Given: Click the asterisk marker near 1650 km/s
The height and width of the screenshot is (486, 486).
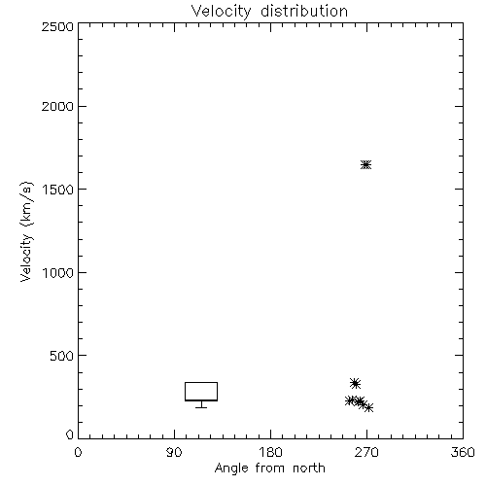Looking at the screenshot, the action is [365, 165].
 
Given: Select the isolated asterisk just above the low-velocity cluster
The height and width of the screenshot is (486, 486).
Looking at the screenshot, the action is [356, 384].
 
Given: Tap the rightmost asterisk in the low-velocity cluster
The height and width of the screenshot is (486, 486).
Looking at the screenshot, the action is [368, 407].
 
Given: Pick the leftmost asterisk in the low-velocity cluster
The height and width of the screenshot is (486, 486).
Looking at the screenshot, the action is [349, 400].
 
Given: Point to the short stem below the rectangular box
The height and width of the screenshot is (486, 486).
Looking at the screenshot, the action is [201, 404].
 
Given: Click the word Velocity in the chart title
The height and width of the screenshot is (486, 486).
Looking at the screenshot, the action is [222, 12].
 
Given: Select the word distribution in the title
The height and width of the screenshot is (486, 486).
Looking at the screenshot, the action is [304, 11].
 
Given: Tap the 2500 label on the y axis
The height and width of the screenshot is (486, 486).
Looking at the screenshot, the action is [57, 26].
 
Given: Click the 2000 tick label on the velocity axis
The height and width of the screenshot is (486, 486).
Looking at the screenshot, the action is [57, 106].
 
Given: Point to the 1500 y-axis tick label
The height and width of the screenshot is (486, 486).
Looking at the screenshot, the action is [58, 190].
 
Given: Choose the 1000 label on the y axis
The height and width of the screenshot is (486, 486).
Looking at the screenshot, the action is [58, 272].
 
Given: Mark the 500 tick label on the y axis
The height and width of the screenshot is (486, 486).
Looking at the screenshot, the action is [62, 356].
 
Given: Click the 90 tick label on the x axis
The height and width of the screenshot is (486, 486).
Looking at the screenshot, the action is [174, 452].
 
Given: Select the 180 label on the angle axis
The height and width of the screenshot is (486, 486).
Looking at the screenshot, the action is [270, 452].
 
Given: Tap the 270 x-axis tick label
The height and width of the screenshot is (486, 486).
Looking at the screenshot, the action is [366, 452].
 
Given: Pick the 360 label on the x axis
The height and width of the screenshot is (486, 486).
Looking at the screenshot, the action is [463, 452].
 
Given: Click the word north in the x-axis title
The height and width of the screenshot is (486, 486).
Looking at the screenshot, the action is [309, 469].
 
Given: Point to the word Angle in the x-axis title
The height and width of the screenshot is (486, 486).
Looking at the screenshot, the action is [231, 469].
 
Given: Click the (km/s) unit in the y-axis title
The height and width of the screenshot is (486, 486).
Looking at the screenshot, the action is [26, 203].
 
